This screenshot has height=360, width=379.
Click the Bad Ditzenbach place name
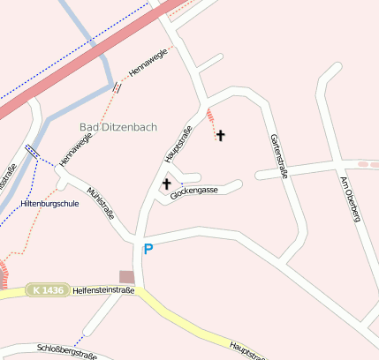(x=118, y=127)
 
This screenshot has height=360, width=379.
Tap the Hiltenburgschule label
(x=49, y=204)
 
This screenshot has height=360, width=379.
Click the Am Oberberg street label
(x=350, y=199)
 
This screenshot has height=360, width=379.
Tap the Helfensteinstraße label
(x=104, y=289)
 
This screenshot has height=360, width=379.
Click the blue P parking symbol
(x=148, y=250)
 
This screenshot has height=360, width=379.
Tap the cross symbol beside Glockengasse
(x=166, y=184)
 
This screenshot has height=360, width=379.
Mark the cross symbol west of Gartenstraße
(x=220, y=135)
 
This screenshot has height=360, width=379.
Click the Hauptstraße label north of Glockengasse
(x=178, y=145)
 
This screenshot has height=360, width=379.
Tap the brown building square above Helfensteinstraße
(x=127, y=277)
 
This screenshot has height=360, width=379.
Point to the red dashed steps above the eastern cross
(x=209, y=116)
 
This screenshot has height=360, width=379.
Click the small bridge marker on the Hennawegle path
(x=116, y=86)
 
